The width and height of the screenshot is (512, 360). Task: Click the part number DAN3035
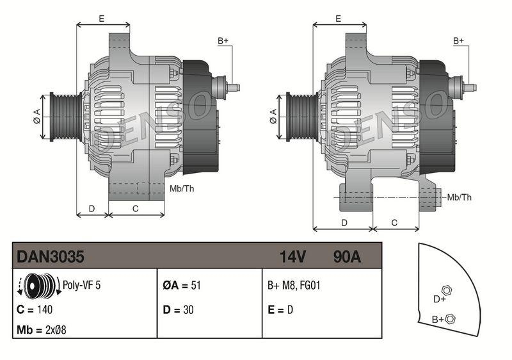[x=50, y=257]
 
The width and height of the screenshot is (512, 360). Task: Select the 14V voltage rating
[x=292, y=257]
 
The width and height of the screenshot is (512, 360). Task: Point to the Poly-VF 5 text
[x=81, y=286]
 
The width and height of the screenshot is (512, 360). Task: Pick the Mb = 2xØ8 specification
[x=42, y=331]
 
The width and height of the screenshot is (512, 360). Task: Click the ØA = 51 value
[x=182, y=286]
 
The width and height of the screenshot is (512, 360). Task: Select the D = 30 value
[x=178, y=309]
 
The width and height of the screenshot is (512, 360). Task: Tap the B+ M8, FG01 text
[x=293, y=286]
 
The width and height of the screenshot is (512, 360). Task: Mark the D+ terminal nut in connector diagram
[x=447, y=290]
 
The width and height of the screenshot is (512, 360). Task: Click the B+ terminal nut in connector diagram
[x=450, y=318]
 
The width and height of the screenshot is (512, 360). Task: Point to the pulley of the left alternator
[x=64, y=115]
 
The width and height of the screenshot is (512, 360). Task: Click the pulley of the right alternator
[x=300, y=115]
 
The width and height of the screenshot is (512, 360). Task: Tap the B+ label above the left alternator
[x=223, y=41]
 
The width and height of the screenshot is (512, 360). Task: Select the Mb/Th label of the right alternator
[x=459, y=197]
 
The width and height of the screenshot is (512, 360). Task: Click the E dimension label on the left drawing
[x=102, y=19]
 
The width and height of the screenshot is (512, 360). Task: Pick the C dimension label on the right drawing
[x=394, y=222]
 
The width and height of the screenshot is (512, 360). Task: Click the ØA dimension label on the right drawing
[x=273, y=116]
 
